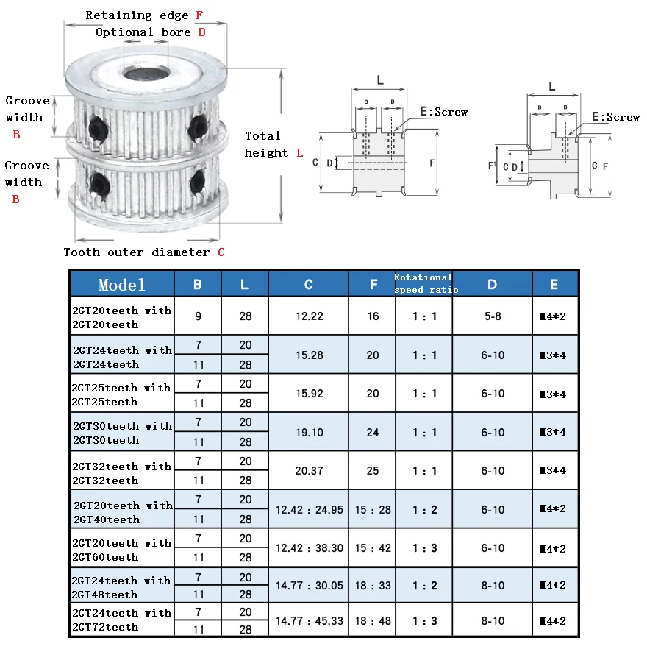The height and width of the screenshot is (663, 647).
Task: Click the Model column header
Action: click(122, 284)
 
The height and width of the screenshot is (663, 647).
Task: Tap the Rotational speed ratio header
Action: click(423, 283)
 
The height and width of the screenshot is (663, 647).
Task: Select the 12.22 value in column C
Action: click(309, 316)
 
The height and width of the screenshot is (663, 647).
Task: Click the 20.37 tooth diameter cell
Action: click(309, 470)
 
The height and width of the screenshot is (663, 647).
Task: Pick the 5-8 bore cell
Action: click(493, 316)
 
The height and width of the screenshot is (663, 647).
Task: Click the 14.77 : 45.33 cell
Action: click(309, 620)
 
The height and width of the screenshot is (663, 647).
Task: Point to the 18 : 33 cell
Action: click(373, 585)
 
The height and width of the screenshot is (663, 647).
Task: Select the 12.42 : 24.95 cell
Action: click(309, 509)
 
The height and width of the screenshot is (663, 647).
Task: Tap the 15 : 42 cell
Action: click(373, 547)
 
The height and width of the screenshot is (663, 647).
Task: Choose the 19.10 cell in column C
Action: click(309, 432)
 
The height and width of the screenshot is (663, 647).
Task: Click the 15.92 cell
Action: click(309, 393)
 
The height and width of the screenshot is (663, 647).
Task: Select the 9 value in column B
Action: click(199, 316)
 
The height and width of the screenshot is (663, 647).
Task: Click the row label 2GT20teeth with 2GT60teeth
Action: click(122, 550)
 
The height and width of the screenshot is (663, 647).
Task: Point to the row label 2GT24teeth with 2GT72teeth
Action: click(122, 620)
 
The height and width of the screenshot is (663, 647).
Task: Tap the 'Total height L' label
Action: click(273, 144)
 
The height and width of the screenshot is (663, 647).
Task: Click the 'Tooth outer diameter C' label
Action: click(144, 252)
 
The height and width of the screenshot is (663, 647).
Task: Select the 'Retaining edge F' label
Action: click(144, 15)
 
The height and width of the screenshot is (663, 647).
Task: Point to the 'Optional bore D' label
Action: click(150, 32)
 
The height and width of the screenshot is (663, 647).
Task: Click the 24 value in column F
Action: click(373, 432)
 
